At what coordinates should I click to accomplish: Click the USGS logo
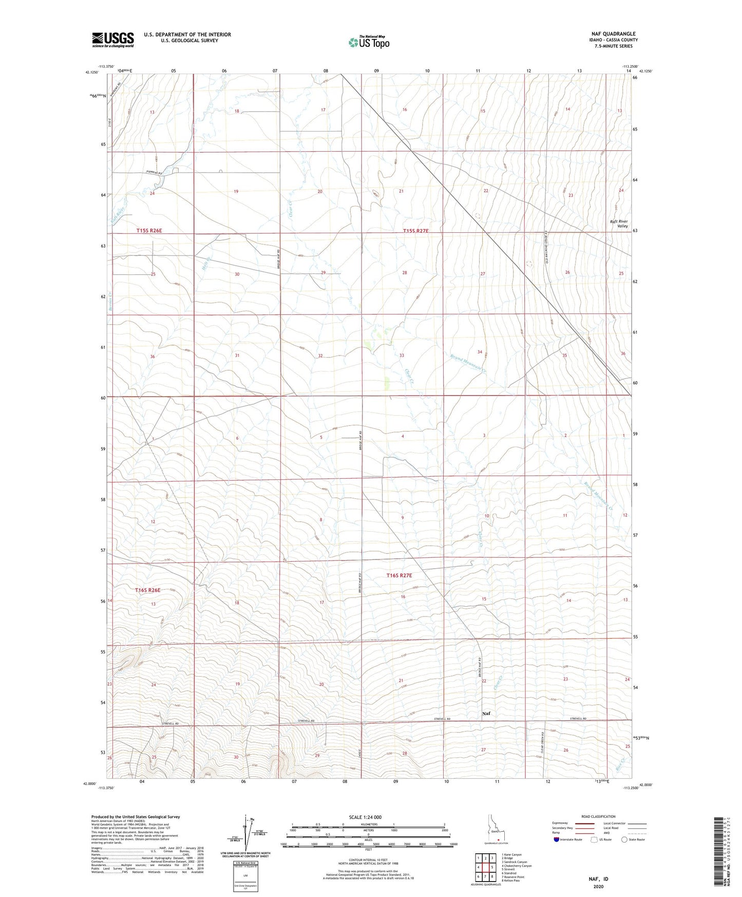(112, 40)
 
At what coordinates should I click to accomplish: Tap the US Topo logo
(369, 42)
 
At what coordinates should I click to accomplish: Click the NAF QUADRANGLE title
(613, 34)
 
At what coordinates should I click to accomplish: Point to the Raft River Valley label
(618, 223)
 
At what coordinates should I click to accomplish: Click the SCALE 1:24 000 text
(365, 817)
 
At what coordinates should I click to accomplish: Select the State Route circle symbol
(624, 839)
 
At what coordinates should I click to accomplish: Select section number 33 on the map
(402, 356)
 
